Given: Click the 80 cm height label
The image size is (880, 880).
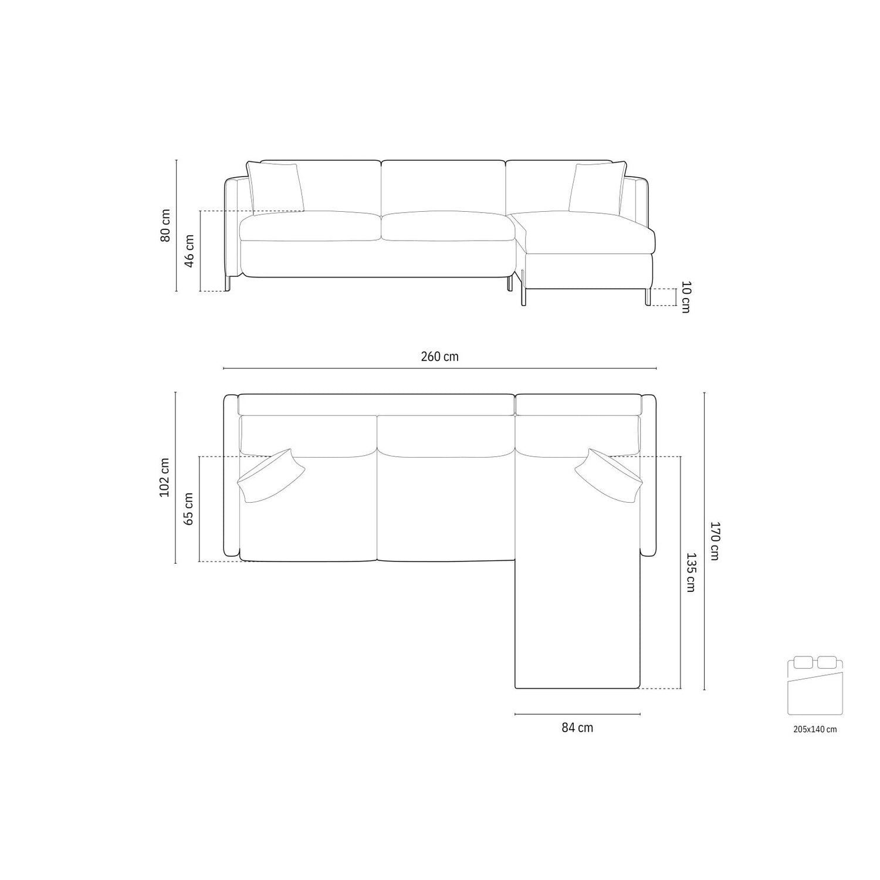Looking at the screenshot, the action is pyautogui.click(x=166, y=225).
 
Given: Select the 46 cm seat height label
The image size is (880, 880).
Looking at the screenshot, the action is pyautogui.click(x=190, y=251).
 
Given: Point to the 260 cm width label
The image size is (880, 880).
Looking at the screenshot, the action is pyautogui.click(x=440, y=357).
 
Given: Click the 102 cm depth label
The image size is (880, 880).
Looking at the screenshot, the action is pyautogui.click(x=165, y=478).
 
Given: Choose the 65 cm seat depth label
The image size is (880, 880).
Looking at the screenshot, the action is pyautogui.click(x=189, y=509).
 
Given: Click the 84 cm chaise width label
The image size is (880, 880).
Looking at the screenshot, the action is pyautogui.click(x=577, y=728).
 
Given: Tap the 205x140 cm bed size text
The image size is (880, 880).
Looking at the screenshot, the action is pyautogui.click(x=815, y=730).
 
